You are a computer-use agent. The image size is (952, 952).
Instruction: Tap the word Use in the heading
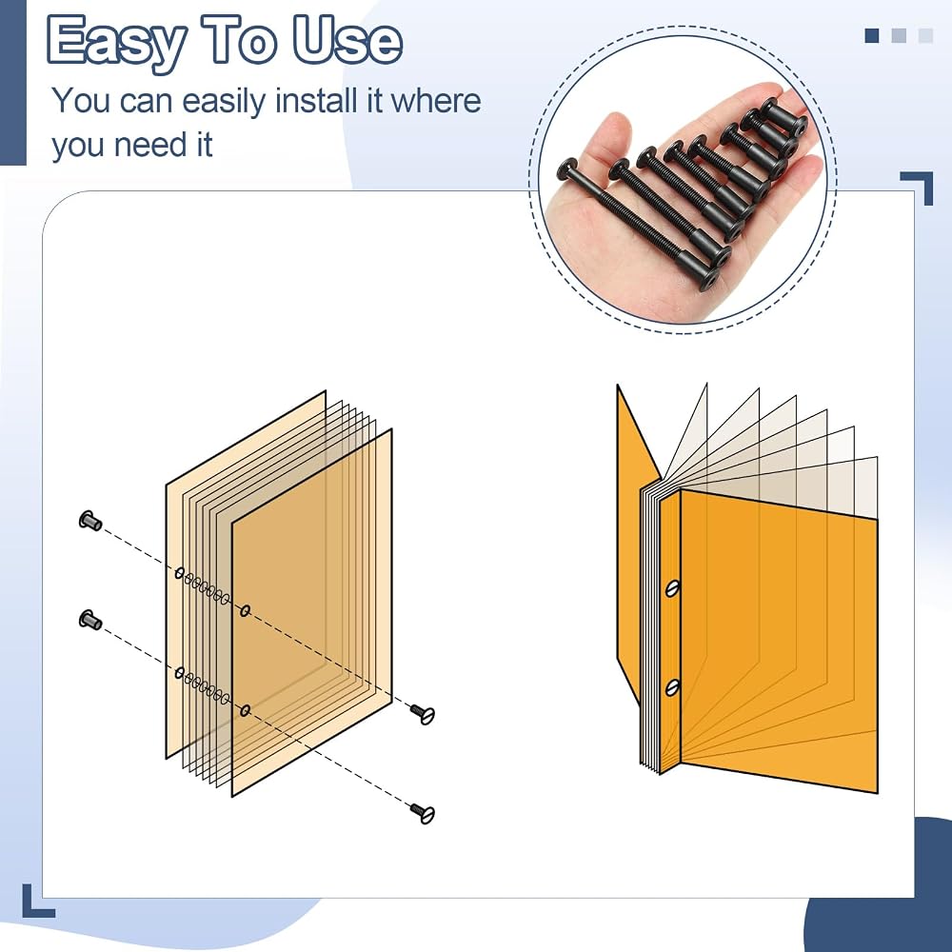tap(347, 40)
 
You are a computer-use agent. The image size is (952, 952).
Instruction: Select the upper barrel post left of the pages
tap(90, 521)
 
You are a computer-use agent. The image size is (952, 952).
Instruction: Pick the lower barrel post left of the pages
tap(90, 620)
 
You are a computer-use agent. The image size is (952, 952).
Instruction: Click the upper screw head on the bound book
tap(672, 587)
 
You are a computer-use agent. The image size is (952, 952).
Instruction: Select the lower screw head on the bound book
tap(672, 687)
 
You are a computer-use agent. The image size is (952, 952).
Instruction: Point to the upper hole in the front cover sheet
tap(246, 610)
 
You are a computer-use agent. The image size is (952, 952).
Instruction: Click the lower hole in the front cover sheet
tap(246, 710)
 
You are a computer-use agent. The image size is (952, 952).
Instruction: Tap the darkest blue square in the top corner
tap(872, 36)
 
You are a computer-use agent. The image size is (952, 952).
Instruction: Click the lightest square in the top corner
tap(925, 36)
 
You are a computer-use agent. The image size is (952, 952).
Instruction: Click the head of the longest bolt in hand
tap(567, 169)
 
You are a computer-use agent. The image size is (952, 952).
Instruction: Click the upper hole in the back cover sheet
tap(180, 572)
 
